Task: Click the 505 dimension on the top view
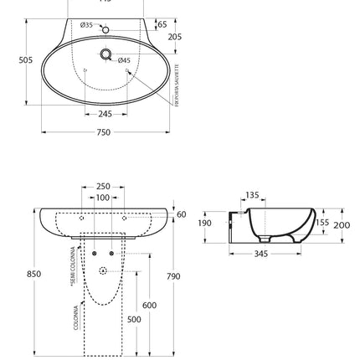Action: tap(25, 60)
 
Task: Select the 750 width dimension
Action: tap(104, 132)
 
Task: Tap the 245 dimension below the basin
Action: tap(105, 114)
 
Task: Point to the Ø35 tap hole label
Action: tap(86, 25)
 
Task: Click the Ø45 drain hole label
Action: tap(123, 60)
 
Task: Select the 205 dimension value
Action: tap(174, 37)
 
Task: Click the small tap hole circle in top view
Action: tap(105, 29)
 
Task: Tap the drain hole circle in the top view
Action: tap(106, 54)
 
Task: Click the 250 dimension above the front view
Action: tap(103, 186)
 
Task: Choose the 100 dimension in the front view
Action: tap(103, 198)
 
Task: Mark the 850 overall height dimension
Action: tap(33, 274)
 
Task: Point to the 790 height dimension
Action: tap(173, 275)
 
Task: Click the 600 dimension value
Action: tap(149, 306)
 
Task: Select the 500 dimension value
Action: tap(134, 319)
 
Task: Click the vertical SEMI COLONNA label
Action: tap(74, 266)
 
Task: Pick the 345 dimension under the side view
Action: tap(260, 253)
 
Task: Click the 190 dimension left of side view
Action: tap(205, 224)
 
